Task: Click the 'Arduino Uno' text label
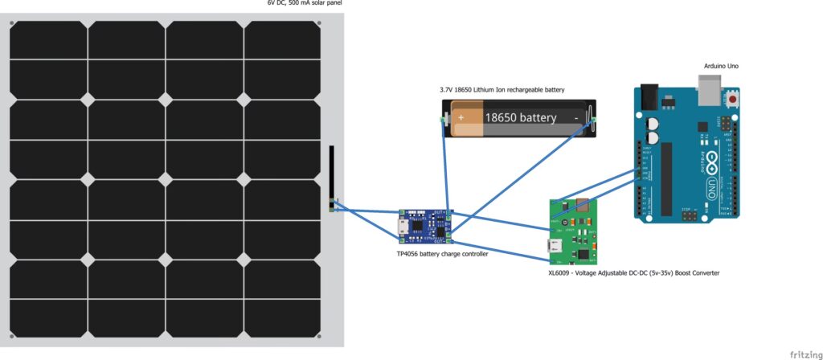(719, 65)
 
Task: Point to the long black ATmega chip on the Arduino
(666, 180)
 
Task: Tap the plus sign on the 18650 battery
(461, 117)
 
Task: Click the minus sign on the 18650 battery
(576, 117)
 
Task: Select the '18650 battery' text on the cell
(520, 117)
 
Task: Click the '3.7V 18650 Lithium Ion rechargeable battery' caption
(502, 89)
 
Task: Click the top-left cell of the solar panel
(48, 39)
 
